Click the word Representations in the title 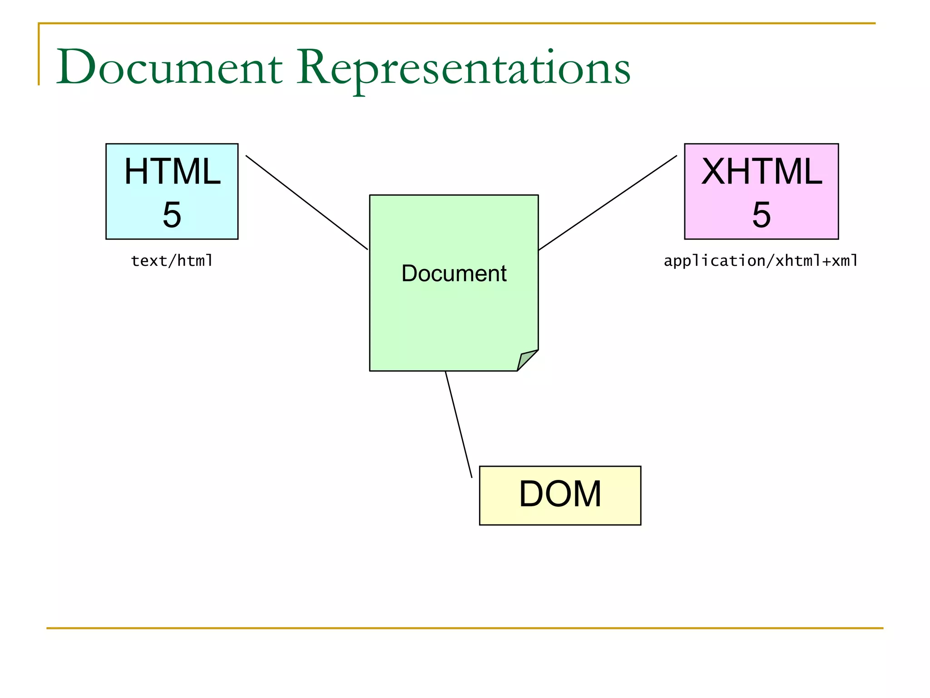click(x=463, y=68)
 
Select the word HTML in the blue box click(x=172, y=171)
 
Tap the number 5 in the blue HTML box click(x=172, y=214)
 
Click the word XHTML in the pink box click(x=762, y=171)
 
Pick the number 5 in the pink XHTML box click(x=762, y=214)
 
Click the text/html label click(x=172, y=261)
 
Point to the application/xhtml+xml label click(x=761, y=261)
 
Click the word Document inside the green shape click(x=454, y=273)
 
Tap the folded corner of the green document click(x=526, y=359)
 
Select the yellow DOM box click(x=560, y=495)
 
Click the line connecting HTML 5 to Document click(x=307, y=202)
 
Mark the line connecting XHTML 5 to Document click(x=608, y=203)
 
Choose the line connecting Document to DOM click(x=459, y=424)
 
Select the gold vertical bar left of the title click(x=39, y=55)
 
